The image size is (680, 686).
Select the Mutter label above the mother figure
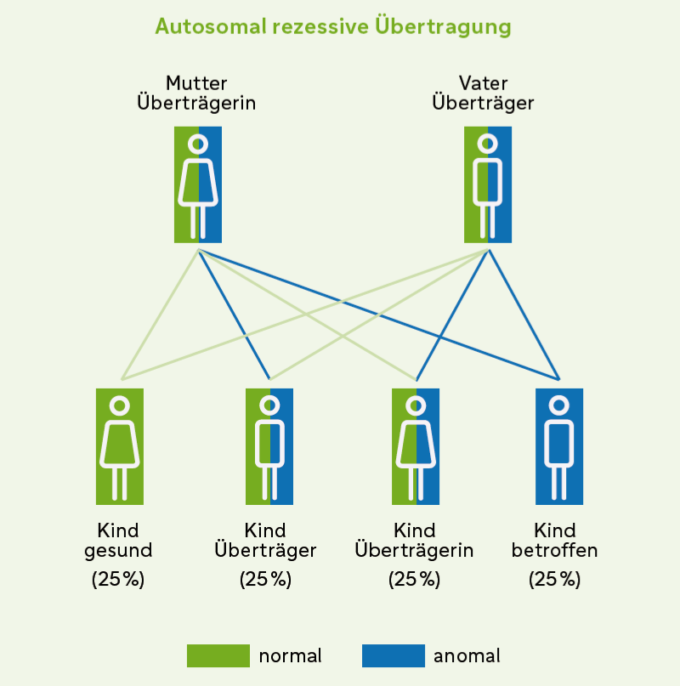pyautogui.click(x=197, y=83)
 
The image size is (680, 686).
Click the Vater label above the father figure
pyautogui.click(x=483, y=83)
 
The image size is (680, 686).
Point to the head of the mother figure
pyautogui.click(x=198, y=144)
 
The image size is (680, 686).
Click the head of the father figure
pyautogui.click(x=488, y=144)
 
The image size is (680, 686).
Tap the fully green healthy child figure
pyautogui.click(x=120, y=446)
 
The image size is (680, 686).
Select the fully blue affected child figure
pyautogui.click(x=559, y=446)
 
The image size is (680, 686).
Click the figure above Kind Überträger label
pyautogui.click(x=269, y=446)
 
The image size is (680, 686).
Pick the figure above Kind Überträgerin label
pyautogui.click(x=416, y=446)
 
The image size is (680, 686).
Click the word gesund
pyautogui.click(x=118, y=551)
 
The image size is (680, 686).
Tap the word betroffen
pyautogui.click(x=555, y=550)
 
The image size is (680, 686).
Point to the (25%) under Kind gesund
pyautogui.click(x=118, y=580)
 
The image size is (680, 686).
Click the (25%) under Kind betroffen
pyautogui.click(x=555, y=580)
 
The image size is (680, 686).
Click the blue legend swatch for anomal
pyautogui.click(x=393, y=655)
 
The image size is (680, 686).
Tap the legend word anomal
pyautogui.click(x=467, y=655)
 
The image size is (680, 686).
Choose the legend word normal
pyautogui.click(x=290, y=655)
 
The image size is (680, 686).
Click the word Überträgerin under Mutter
pyautogui.click(x=197, y=103)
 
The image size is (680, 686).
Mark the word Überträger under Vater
pyautogui.click(x=483, y=103)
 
